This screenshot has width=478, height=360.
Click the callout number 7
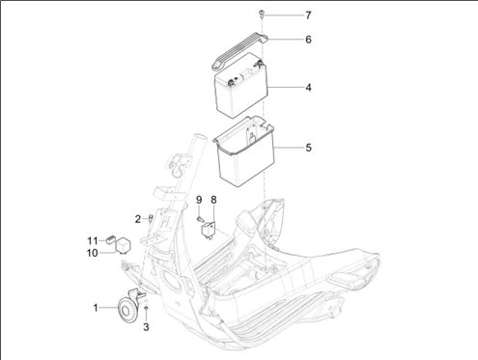click(308, 15)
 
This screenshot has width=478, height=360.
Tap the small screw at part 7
click(261, 14)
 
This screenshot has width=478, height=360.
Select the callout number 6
click(308, 40)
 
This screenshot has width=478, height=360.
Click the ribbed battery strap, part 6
click(239, 51)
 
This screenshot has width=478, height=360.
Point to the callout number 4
click(308, 88)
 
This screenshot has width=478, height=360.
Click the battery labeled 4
click(241, 86)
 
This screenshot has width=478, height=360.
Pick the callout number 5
click(308, 148)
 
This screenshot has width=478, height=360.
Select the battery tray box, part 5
click(244, 152)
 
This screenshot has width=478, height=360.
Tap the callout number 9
click(199, 200)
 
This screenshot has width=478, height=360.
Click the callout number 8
click(213, 200)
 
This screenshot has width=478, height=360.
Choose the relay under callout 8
click(208, 230)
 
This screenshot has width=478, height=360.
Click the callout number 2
click(138, 219)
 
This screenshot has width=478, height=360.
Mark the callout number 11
click(93, 240)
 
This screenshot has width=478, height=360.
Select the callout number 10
click(92, 253)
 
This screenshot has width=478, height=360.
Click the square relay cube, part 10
click(123, 245)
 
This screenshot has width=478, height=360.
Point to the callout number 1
click(96, 308)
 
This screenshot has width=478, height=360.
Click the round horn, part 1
click(127, 310)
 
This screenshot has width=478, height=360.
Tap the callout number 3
click(146, 327)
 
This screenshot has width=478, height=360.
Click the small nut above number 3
click(146, 308)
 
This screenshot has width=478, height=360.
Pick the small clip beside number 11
click(111, 239)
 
